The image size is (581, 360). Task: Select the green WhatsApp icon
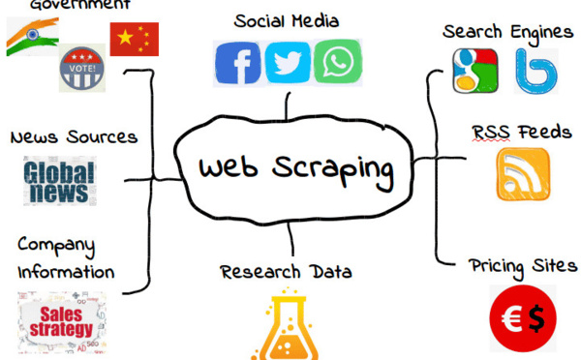point(338,61)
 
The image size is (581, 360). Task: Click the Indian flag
point(32,37)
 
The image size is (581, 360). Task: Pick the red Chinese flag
point(134,39)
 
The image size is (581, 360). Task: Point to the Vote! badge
point(82,68)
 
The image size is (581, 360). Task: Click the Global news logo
point(60,182)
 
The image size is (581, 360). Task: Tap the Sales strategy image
point(62,319)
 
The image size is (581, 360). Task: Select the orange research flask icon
point(290,324)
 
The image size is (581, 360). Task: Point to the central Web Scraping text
point(296,167)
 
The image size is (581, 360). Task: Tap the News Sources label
point(74,136)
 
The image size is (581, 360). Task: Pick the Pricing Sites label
point(523,265)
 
